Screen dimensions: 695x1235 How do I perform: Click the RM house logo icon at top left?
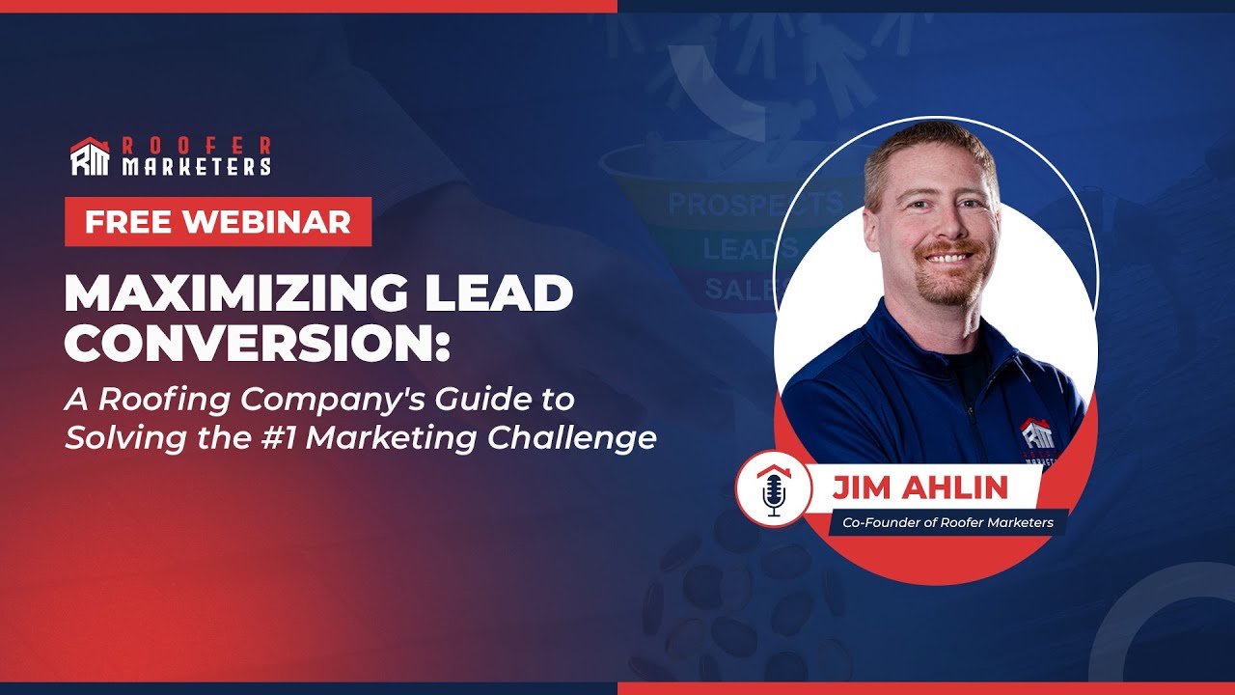[x=90, y=156]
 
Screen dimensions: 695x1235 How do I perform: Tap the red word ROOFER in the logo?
[x=196, y=146]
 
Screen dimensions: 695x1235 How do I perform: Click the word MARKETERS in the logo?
[x=196, y=167]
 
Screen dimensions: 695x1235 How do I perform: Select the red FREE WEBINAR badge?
[x=218, y=222]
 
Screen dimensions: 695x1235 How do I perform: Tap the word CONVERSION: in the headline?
[x=257, y=343]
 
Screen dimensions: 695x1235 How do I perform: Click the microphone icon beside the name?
[x=773, y=490]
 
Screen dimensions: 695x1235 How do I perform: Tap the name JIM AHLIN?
[x=919, y=487]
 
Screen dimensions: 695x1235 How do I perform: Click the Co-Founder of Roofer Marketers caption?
[x=947, y=522]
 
